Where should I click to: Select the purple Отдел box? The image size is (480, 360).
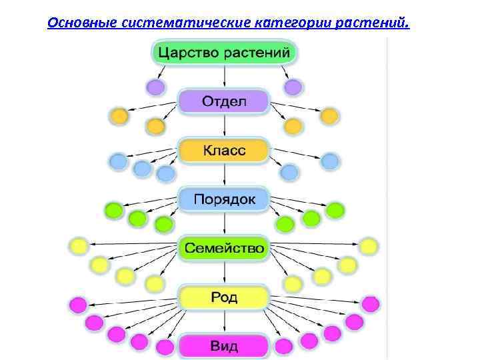[224, 102]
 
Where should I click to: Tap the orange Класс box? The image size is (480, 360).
[224, 151]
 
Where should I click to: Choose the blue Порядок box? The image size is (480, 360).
[224, 199]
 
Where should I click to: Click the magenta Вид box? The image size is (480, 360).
[224, 346]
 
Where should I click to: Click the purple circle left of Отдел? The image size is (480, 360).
[155, 87]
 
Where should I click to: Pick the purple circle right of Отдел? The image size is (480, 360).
[293, 87]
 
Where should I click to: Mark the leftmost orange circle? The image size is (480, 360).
[119, 115]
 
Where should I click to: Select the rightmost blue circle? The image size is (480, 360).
[330, 161]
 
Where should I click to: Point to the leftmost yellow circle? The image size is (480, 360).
[79, 246]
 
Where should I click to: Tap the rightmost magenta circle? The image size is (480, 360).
[370, 304]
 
